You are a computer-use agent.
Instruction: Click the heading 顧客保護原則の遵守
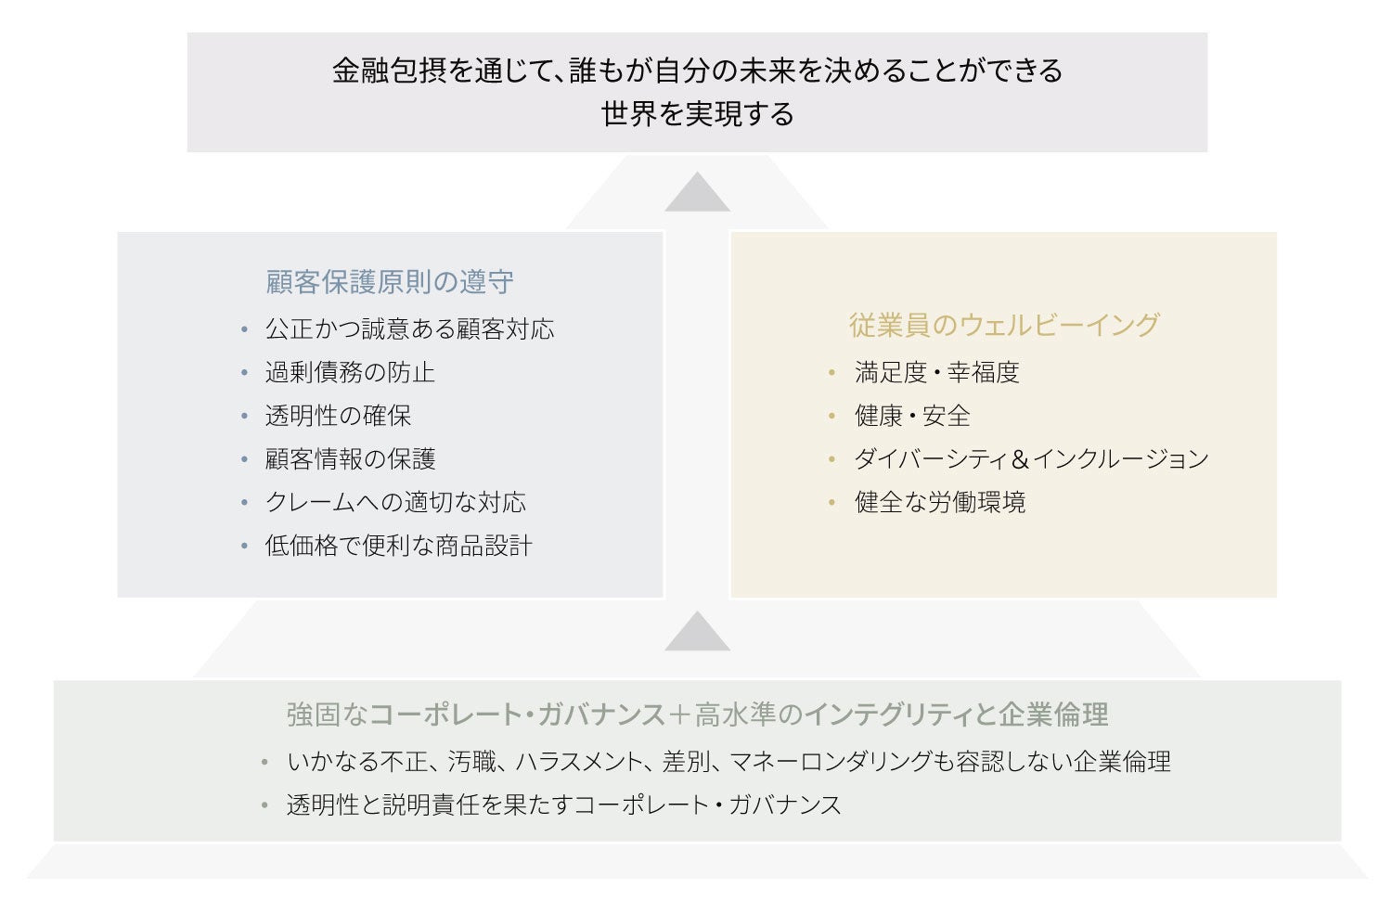(x=390, y=282)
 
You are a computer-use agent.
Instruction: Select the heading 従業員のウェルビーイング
(x=1004, y=325)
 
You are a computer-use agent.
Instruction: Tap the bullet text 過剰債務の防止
(x=350, y=372)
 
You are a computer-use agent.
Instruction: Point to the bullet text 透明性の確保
(x=338, y=416)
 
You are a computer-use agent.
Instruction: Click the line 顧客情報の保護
(x=350, y=459)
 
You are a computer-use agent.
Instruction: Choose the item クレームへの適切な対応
(x=395, y=502)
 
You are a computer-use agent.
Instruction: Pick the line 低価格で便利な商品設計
(x=399, y=546)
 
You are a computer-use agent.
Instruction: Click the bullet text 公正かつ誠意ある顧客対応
(x=409, y=328)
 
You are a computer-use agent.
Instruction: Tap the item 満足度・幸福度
(x=937, y=372)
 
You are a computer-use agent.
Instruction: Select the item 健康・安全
(x=912, y=416)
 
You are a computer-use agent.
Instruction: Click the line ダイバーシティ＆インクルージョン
(x=1031, y=459)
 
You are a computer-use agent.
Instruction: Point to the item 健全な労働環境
(x=940, y=502)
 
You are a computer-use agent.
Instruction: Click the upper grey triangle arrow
(x=697, y=194)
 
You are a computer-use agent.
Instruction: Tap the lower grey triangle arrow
(x=697, y=633)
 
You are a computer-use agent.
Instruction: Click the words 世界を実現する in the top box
(x=697, y=114)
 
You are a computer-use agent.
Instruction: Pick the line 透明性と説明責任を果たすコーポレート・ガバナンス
(x=563, y=804)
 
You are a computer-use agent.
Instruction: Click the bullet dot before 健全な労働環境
(x=832, y=503)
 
